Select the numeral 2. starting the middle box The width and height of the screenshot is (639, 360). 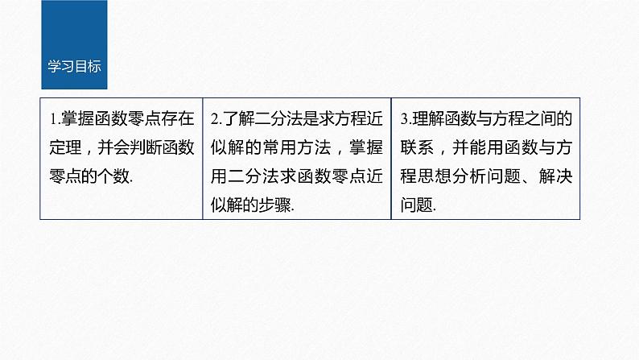pos(216,119)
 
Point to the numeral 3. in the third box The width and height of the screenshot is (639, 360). pos(405,119)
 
